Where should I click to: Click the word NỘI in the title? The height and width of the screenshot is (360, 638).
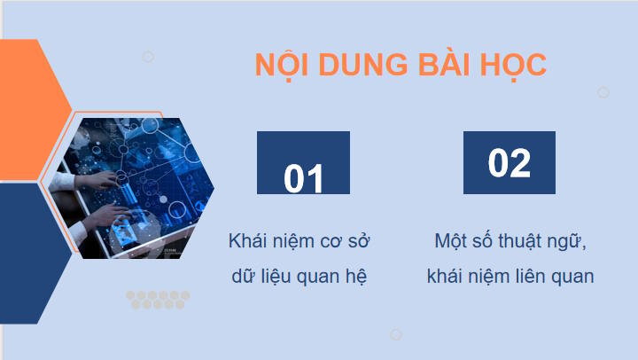click(x=277, y=66)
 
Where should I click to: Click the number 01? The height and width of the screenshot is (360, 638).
click(x=303, y=178)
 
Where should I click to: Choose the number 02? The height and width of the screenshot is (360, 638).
click(x=510, y=163)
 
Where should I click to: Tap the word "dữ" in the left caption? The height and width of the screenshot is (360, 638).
click(x=241, y=276)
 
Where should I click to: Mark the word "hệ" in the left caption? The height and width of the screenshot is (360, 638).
click(x=355, y=276)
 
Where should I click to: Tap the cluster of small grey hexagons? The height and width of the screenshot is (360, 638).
click(x=158, y=300)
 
